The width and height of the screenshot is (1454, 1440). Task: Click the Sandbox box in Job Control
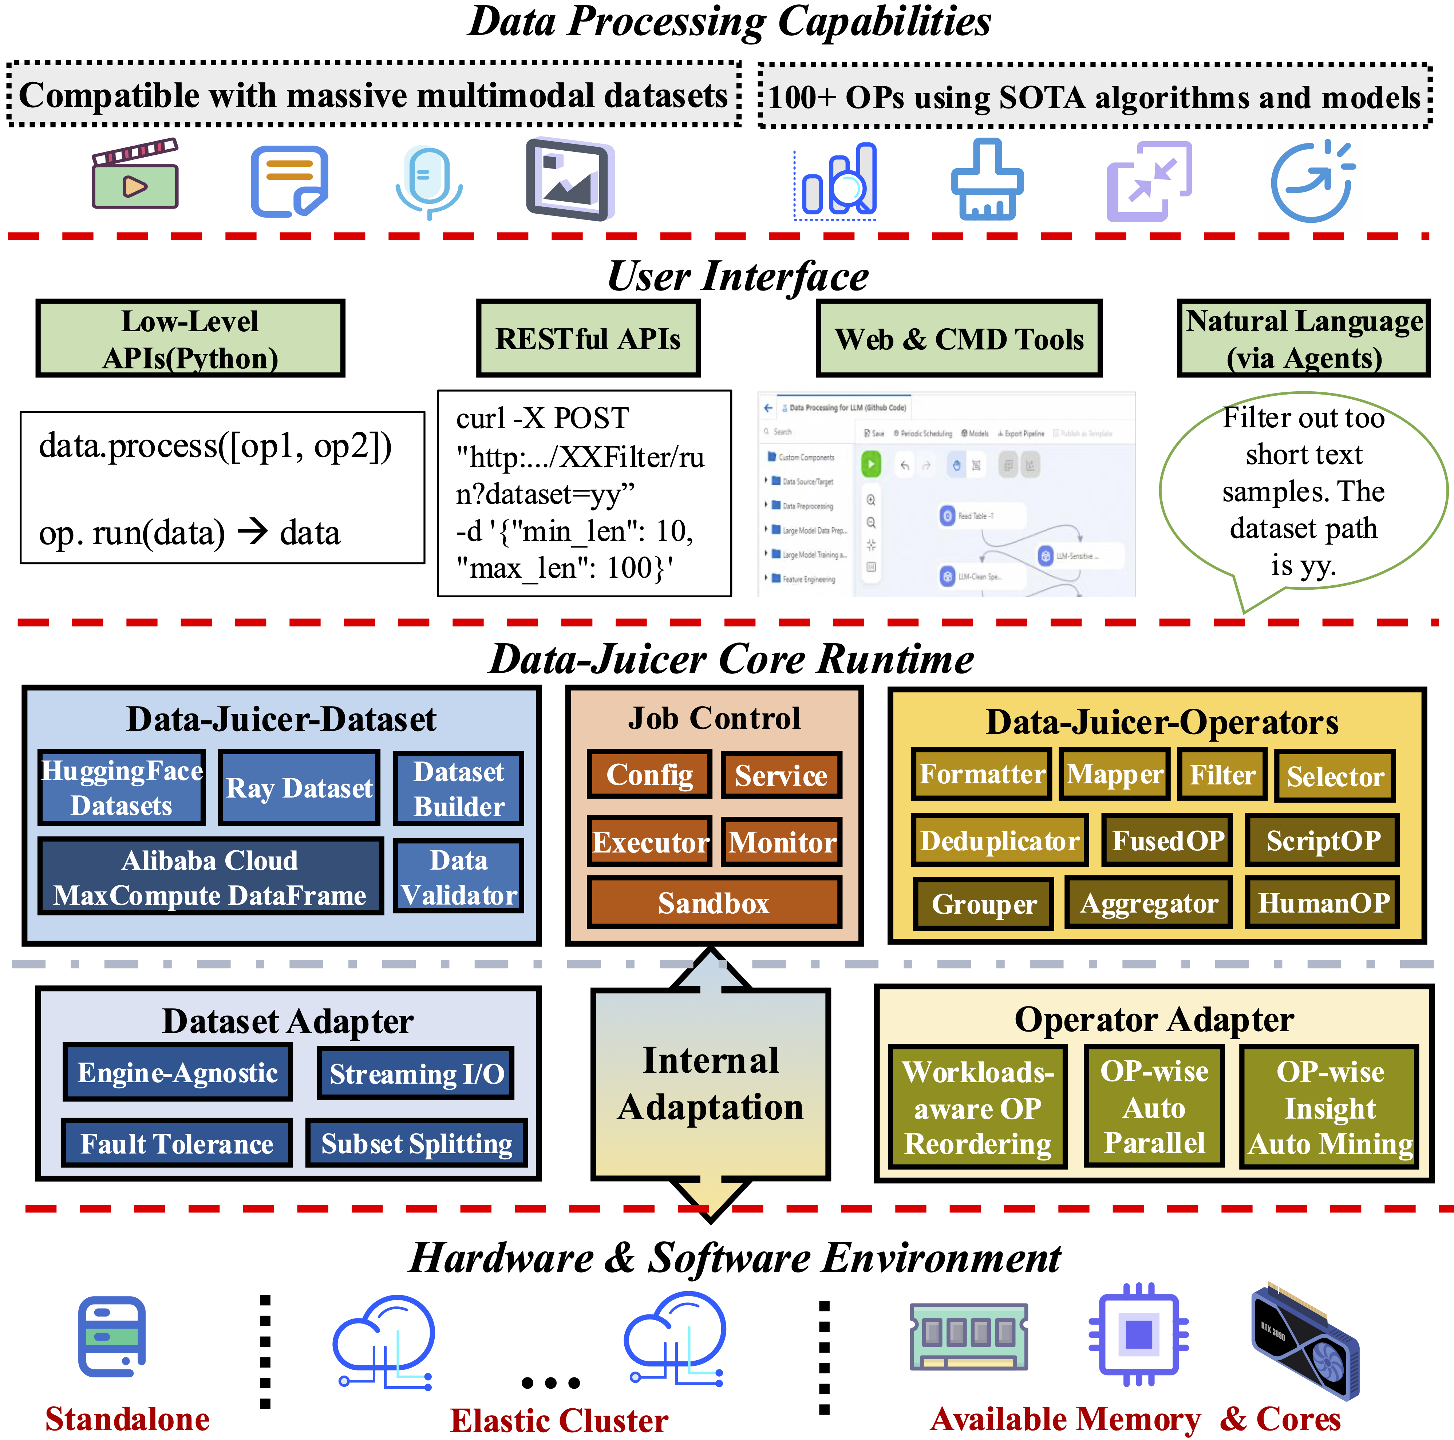point(714,903)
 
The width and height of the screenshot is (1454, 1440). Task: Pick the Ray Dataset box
point(299,788)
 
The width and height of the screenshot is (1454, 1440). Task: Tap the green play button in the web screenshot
point(871,464)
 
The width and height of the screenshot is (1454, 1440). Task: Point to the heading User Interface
point(738,276)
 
